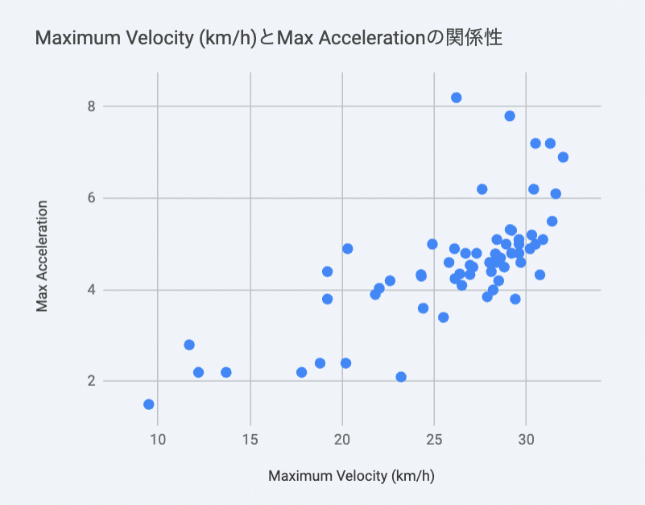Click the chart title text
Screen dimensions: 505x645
269,37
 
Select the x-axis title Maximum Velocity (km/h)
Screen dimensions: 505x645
351,476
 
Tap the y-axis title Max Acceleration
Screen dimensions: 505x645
42,256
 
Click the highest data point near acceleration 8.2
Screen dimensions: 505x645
457,97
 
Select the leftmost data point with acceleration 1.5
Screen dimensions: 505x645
149,404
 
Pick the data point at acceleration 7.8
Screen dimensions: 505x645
510,116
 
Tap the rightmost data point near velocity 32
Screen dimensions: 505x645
563,157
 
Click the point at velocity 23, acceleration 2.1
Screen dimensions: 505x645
401,377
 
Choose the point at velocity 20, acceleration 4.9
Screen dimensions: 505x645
348,249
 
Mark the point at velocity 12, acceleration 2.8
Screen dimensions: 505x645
189,345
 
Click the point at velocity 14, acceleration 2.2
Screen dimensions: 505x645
226,372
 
